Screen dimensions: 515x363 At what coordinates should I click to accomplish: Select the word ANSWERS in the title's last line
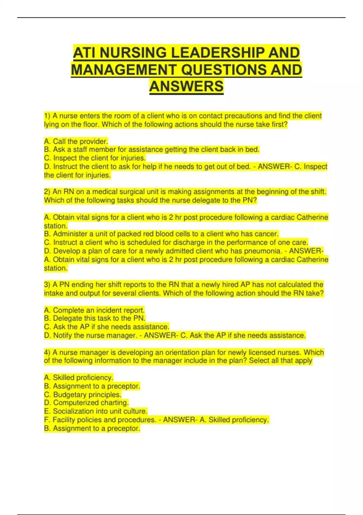click(186, 86)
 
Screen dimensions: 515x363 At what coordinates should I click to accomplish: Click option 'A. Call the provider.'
click(76, 141)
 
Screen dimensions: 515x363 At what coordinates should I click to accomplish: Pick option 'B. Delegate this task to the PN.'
click(95, 318)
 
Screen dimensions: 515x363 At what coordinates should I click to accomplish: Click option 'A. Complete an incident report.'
click(94, 310)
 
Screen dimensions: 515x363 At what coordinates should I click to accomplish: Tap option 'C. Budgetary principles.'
click(83, 395)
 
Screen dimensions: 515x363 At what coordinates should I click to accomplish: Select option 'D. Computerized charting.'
click(86, 403)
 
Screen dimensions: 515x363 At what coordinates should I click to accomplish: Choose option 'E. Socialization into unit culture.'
click(96, 411)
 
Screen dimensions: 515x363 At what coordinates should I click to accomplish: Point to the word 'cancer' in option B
click(267, 234)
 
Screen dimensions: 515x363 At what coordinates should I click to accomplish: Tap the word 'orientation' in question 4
click(181, 353)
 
